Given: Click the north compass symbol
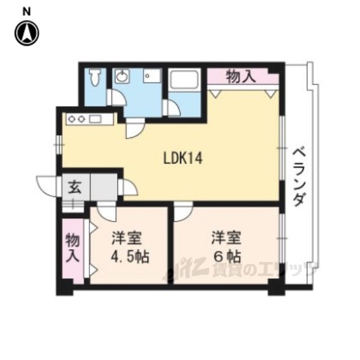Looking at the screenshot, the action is [27, 33].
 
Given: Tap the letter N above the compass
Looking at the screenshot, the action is [26, 12].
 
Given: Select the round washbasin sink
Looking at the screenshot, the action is [121, 76].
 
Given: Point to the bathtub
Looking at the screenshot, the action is [184, 79].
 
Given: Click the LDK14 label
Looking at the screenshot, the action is [183, 158].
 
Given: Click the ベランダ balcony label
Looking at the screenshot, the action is [299, 176].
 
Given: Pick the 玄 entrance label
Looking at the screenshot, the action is [75, 187].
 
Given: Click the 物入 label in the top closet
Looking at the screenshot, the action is [241, 76].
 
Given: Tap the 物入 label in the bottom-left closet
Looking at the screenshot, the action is [73, 248].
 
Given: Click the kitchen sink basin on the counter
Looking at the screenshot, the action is [95, 119].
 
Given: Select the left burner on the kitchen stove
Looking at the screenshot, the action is [72, 119].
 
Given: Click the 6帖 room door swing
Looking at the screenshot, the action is [183, 211].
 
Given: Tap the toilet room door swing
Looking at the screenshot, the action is [116, 97].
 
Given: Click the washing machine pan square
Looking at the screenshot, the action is [151, 75].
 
